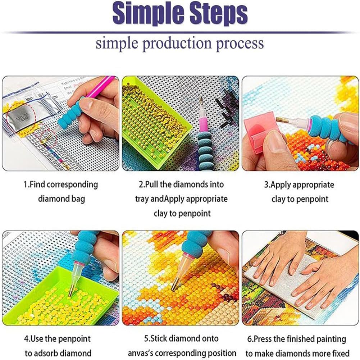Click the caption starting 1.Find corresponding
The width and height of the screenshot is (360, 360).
61,185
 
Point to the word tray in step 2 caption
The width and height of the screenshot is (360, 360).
142,199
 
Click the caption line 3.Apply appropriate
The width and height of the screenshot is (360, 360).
299,185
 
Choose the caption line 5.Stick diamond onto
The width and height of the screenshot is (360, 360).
180,338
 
